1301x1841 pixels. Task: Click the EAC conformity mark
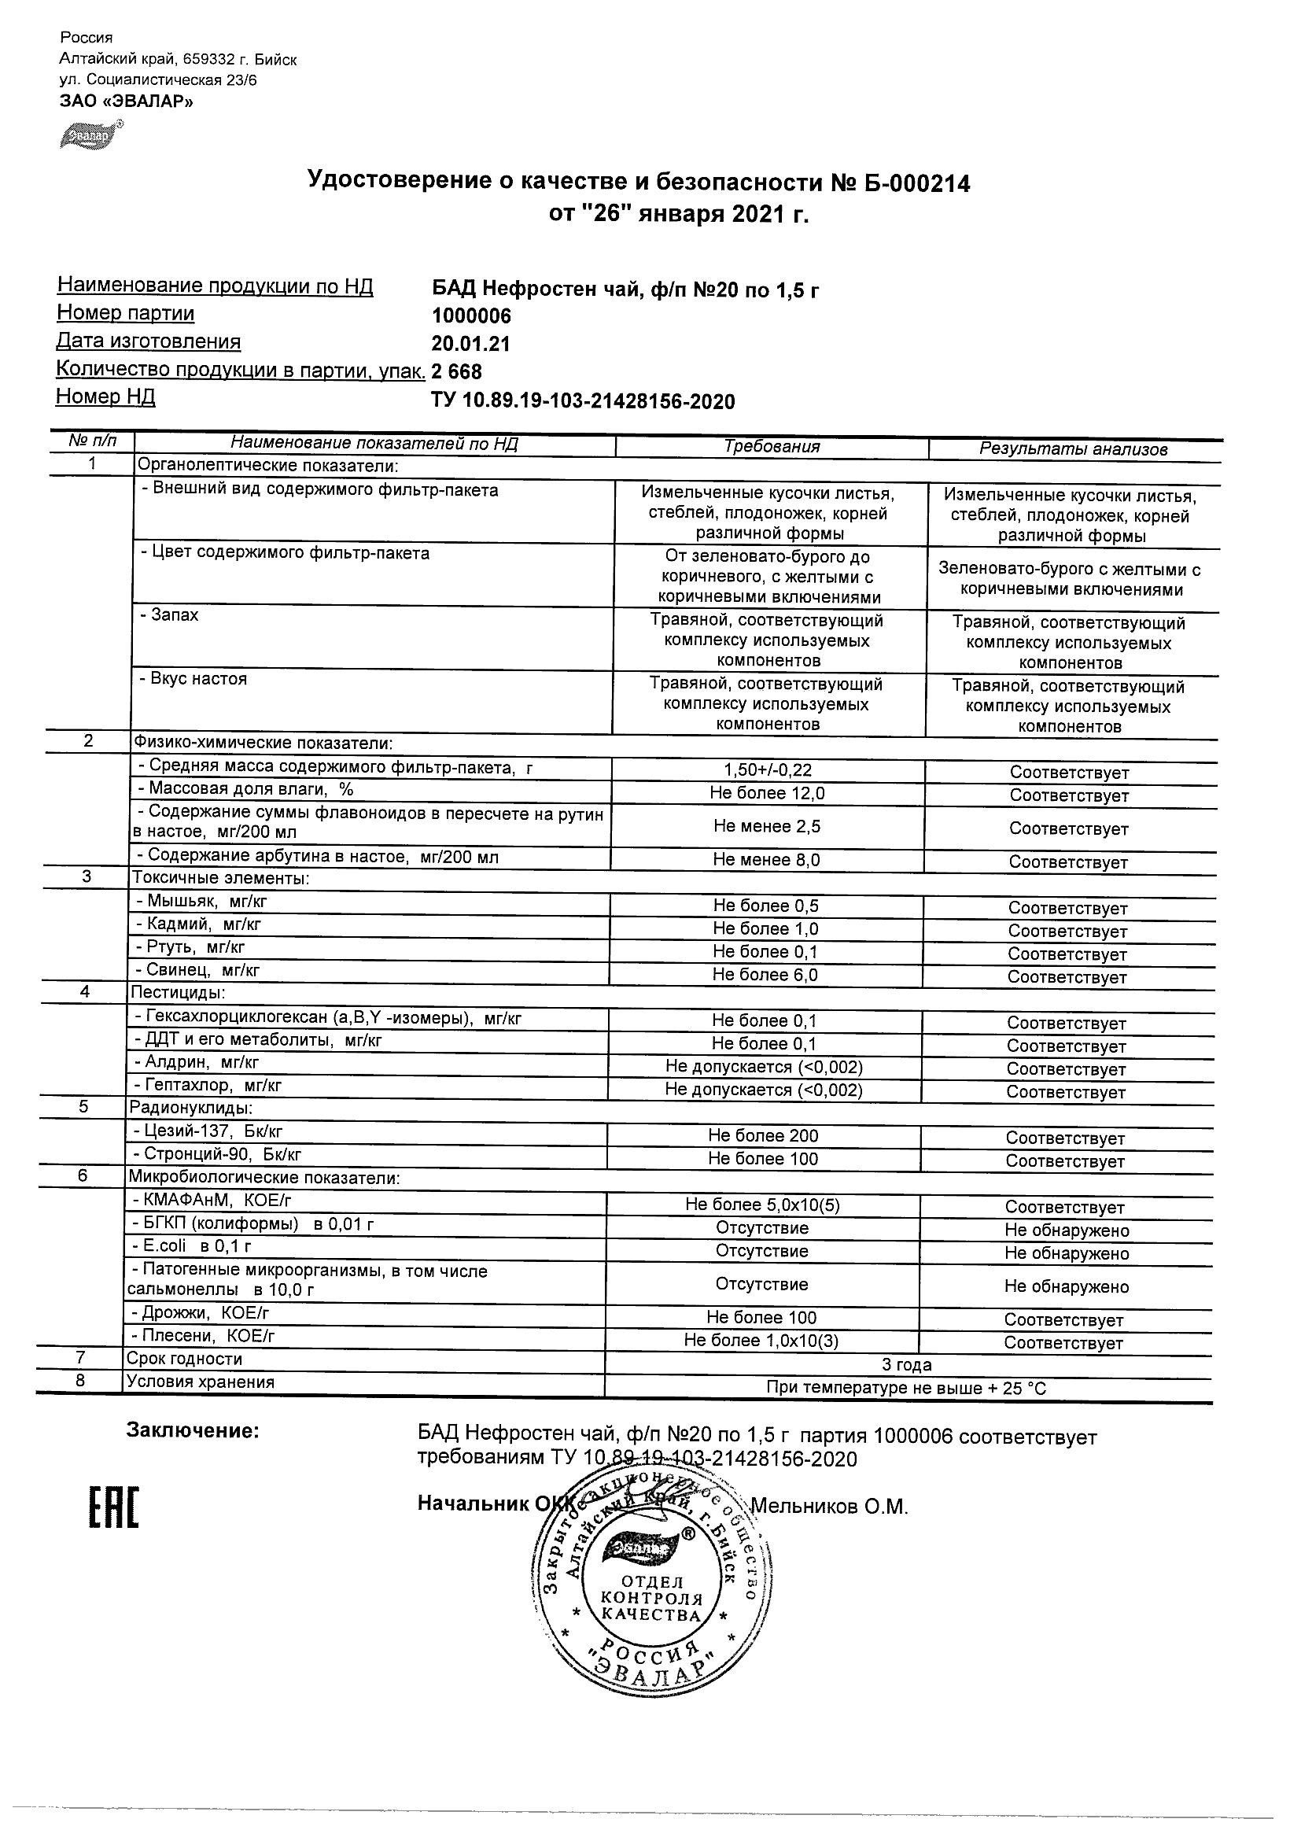(x=113, y=1508)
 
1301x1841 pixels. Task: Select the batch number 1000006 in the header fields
(x=471, y=316)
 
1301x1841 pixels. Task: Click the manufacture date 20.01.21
(x=470, y=344)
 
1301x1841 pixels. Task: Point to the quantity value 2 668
(x=457, y=372)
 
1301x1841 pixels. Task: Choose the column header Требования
(x=771, y=447)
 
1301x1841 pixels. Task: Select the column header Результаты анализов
(x=1074, y=449)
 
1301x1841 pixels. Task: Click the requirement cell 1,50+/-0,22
(x=767, y=769)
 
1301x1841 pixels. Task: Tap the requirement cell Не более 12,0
(x=767, y=793)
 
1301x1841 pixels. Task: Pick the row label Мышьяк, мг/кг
(x=207, y=902)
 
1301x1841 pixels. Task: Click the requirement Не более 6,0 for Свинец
(x=765, y=975)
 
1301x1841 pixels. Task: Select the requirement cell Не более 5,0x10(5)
(x=762, y=1205)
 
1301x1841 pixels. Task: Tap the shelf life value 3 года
(x=907, y=1365)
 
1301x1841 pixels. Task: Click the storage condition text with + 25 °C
(x=906, y=1388)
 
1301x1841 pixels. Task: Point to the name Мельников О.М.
(x=829, y=1507)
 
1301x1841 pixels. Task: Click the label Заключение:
(x=193, y=1431)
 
